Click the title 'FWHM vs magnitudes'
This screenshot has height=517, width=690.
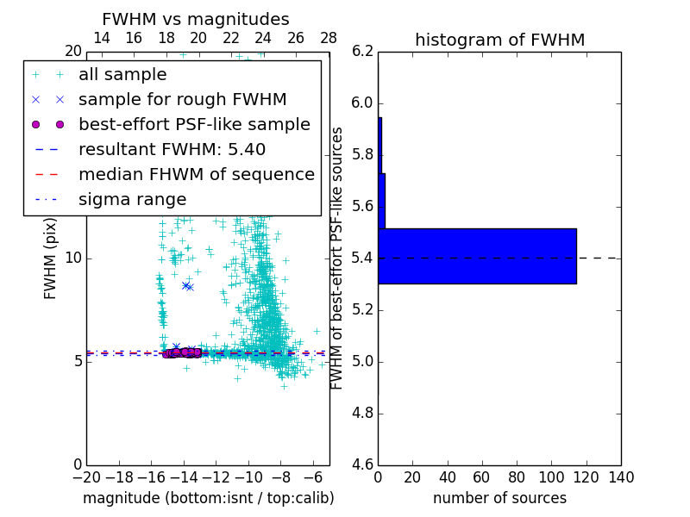196,20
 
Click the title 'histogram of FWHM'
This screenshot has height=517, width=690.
499,40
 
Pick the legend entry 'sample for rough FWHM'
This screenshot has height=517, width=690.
182,100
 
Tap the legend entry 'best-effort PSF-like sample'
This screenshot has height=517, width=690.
194,125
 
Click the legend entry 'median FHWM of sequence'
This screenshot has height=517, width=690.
196,175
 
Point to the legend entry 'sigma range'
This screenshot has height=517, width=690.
132,200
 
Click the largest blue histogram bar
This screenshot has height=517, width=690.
477,256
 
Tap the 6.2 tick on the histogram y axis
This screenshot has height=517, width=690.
363,52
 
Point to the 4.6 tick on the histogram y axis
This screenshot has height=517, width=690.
363,464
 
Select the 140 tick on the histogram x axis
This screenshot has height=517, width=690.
621,477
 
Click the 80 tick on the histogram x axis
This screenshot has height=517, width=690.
517,477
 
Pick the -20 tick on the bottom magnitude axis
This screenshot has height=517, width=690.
86,477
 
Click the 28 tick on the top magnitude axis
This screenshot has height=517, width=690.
329,39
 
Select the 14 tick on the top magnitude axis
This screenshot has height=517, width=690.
101,39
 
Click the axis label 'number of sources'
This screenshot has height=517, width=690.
499,498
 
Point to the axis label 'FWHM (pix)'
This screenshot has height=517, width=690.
51,258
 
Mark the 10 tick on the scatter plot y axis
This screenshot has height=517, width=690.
72,258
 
